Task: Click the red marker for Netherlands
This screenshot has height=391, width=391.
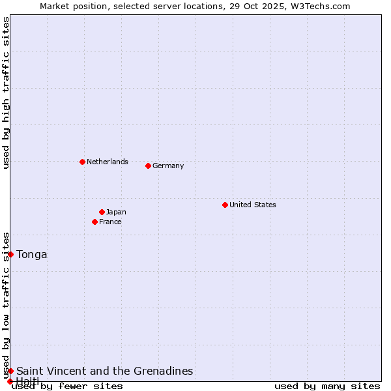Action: click(82, 162)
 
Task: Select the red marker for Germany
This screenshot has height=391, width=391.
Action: click(148, 166)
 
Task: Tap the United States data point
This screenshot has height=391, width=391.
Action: click(225, 205)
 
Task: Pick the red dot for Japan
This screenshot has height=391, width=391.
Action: click(102, 212)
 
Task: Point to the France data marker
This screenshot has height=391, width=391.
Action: click(94, 222)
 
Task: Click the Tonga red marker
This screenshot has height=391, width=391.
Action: click(10, 254)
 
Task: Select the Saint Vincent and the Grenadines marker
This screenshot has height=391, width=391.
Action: click(10, 371)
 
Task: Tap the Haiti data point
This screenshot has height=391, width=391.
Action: click(10, 381)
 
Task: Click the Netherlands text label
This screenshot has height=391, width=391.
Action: click(107, 162)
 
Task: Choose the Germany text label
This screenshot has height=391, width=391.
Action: click(168, 166)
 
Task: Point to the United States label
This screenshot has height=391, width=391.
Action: click(252, 205)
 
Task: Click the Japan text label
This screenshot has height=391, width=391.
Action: click(116, 212)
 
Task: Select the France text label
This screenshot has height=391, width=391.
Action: click(110, 222)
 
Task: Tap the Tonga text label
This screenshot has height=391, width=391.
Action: click(32, 254)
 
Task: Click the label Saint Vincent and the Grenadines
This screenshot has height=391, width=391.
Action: click(104, 371)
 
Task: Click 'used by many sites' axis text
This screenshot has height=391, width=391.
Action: click(327, 386)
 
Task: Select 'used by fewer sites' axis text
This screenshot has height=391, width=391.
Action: click(68, 386)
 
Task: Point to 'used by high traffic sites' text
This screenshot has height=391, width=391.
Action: click(6, 93)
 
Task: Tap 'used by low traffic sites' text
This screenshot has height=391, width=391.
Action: click(6, 305)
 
